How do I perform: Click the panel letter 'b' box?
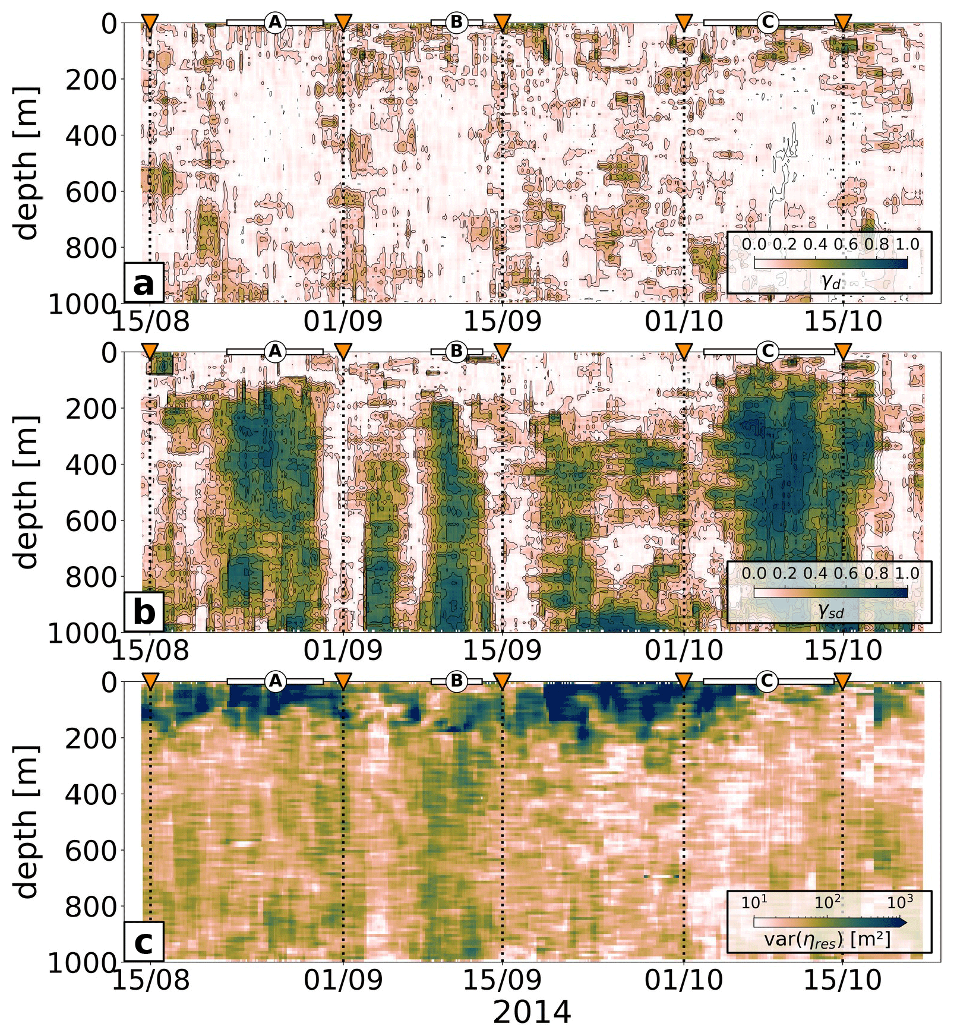(144, 612)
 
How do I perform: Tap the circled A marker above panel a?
(274, 23)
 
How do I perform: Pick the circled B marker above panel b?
(456, 352)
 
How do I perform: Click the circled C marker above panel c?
(767, 681)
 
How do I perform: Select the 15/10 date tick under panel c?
(843, 980)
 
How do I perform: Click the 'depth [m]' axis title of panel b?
(27, 492)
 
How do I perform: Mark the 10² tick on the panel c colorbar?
(827, 902)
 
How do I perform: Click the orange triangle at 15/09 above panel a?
(503, 23)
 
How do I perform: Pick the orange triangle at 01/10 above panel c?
(684, 681)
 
